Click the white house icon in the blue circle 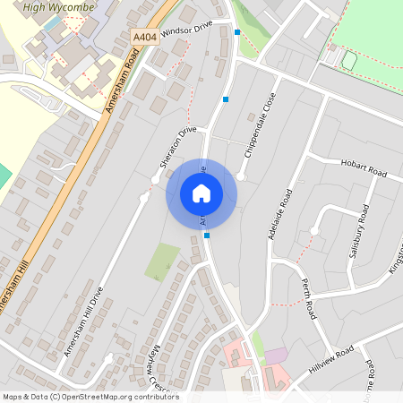pyautogui.click(x=201, y=193)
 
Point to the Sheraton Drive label pyautogui.click(x=177, y=147)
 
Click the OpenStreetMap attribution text pyautogui.click(x=90, y=397)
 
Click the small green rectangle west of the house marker pyautogui.click(x=162, y=261)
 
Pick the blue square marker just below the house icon pyautogui.click(x=207, y=236)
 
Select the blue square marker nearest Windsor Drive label pyautogui.click(x=236, y=32)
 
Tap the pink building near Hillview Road pyautogui.click(x=277, y=355)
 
